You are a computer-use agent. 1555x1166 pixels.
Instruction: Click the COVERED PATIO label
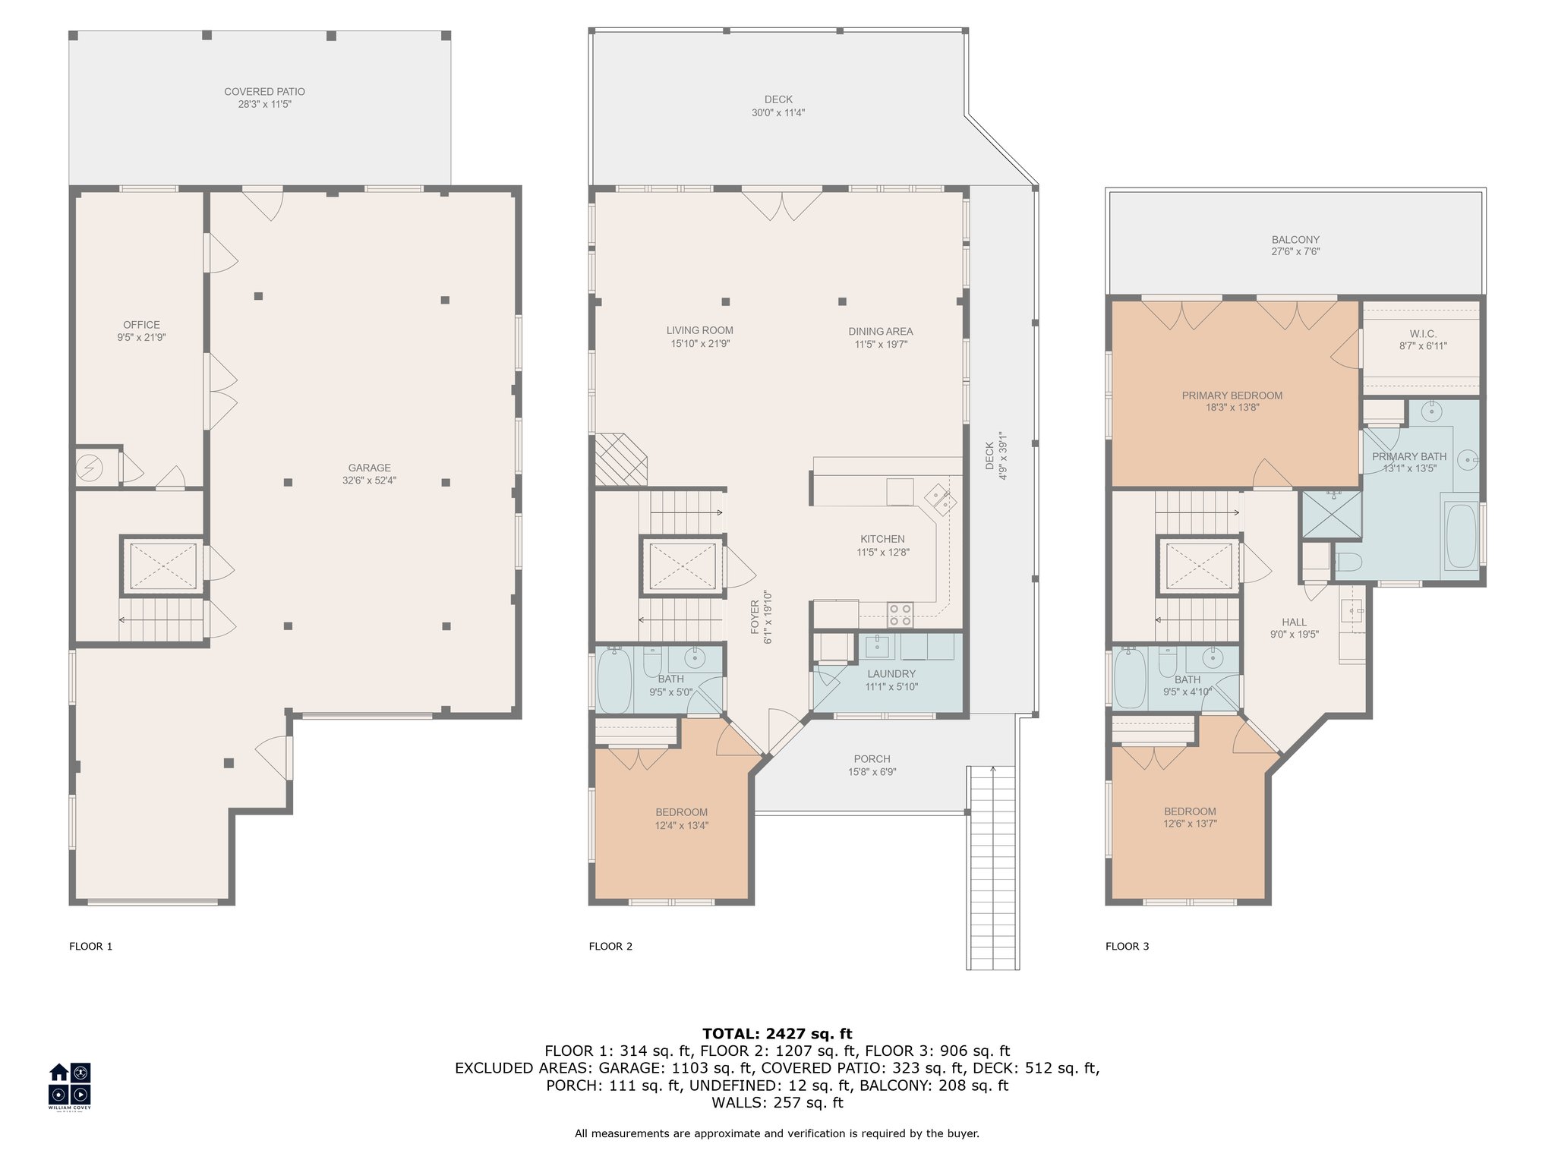pyautogui.click(x=264, y=92)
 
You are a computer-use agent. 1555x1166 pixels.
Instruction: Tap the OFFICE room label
pyautogui.click(x=141, y=325)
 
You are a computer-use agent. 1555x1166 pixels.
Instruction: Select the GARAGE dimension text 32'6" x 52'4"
pyautogui.click(x=370, y=481)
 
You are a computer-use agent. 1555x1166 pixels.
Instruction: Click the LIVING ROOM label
pyautogui.click(x=700, y=330)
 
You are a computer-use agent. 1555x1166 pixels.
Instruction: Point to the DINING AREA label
pyautogui.click(x=881, y=332)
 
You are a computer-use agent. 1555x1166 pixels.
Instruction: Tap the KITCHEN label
pyautogui.click(x=882, y=539)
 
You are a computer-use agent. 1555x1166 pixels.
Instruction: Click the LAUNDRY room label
pyautogui.click(x=891, y=674)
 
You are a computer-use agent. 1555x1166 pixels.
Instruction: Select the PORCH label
pyautogui.click(x=872, y=759)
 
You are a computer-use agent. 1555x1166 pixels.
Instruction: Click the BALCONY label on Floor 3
pyautogui.click(x=1296, y=240)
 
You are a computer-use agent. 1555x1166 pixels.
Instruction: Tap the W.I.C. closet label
pyautogui.click(x=1424, y=334)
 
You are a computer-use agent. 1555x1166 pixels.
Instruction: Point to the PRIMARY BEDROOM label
pyautogui.click(x=1232, y=395)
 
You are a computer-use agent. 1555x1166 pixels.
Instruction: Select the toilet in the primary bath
pyautogui.click(x=1348, y=562)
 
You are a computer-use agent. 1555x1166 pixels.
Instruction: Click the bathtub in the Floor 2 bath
pyautogui.click(x=614, y=679)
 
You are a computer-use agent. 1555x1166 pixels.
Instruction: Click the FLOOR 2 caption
pyautogui.click(x=610, y=947)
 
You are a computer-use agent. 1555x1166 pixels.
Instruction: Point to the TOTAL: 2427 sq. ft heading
pyautogui.click(x=777, y=1034)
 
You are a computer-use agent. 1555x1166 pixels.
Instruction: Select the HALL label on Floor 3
pyautogui.click(x=1295, y=622)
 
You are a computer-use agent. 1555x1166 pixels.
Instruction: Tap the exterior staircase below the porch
pyautogui.click(x=992, y=868)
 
